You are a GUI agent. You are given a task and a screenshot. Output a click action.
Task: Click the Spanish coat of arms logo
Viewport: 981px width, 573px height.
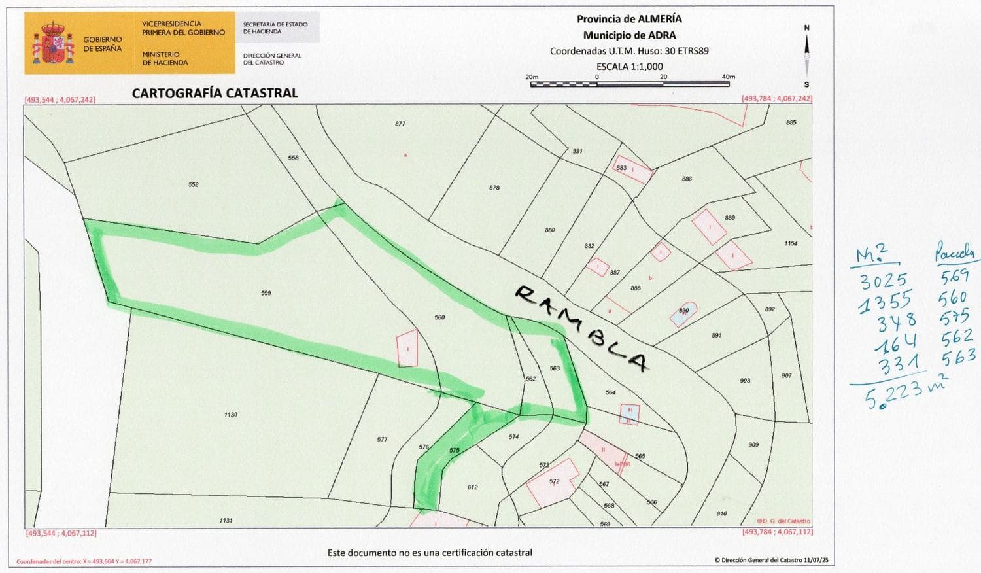(53, 43)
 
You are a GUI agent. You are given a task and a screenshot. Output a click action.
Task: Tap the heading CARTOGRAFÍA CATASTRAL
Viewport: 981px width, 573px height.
(215, 93)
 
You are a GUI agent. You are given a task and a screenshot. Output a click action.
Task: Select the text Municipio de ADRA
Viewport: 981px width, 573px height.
(629, 35)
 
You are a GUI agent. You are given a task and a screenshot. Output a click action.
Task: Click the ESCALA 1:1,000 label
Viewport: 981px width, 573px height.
(629, 66)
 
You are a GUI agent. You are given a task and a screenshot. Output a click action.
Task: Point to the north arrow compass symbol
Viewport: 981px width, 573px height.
(806, 56)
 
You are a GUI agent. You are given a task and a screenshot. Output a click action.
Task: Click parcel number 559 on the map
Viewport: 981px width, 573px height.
(266, 293)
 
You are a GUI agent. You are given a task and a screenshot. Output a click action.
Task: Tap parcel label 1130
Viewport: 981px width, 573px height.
(230, 415)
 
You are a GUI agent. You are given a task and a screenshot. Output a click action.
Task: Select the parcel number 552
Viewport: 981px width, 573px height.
(193, 184)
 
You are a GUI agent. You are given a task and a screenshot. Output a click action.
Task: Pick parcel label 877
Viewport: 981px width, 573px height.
(400, 124)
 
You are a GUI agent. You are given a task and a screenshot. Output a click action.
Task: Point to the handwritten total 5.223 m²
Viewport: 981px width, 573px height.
(906, 392)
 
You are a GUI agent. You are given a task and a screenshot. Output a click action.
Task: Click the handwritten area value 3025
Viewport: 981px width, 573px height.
(883, 281)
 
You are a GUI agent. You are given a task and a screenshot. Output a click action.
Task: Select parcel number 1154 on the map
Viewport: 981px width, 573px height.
(791, 243)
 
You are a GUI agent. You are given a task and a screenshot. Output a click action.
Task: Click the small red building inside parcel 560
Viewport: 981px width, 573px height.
(407, 347)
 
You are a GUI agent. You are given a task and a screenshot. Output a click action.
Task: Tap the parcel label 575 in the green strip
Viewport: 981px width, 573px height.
(455, 451)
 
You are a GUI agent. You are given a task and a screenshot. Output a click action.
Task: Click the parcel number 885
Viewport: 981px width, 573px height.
(791, 122)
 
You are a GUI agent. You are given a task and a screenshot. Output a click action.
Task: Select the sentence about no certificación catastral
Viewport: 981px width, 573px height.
(430, 553)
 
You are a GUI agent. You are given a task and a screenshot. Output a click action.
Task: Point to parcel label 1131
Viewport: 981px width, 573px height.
(226, 521)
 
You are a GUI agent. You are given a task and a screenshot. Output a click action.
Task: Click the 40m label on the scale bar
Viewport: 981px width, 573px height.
(728, 77)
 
